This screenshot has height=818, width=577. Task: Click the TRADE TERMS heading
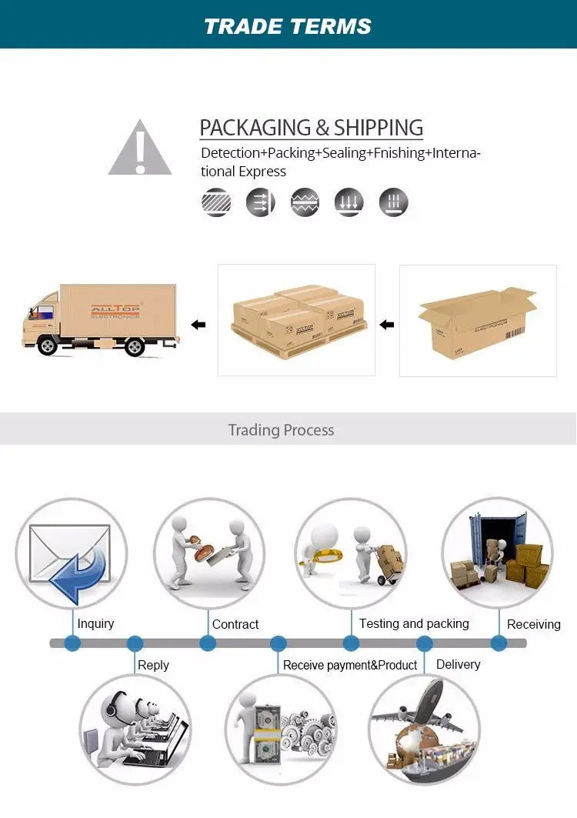(288, 26)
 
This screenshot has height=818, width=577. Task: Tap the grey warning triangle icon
(139, 148)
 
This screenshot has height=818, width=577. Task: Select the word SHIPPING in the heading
(379, 128)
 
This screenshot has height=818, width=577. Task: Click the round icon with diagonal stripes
(216, 202)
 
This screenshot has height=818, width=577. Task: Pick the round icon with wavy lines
(305, 202)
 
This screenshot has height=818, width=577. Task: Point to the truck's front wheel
(48, 346)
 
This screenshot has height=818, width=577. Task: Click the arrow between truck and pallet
(198, 325)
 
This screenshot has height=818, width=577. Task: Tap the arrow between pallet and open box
(387, 325)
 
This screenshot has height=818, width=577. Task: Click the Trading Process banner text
(281, 429)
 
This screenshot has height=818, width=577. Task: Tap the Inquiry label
(95, 624)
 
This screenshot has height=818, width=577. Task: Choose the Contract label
(235, 625)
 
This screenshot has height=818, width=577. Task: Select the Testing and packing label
(414, 623)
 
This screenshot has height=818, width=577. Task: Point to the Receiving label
(533, 624)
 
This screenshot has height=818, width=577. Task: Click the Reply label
(153, 665)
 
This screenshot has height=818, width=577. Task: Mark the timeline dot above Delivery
(425, 643)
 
